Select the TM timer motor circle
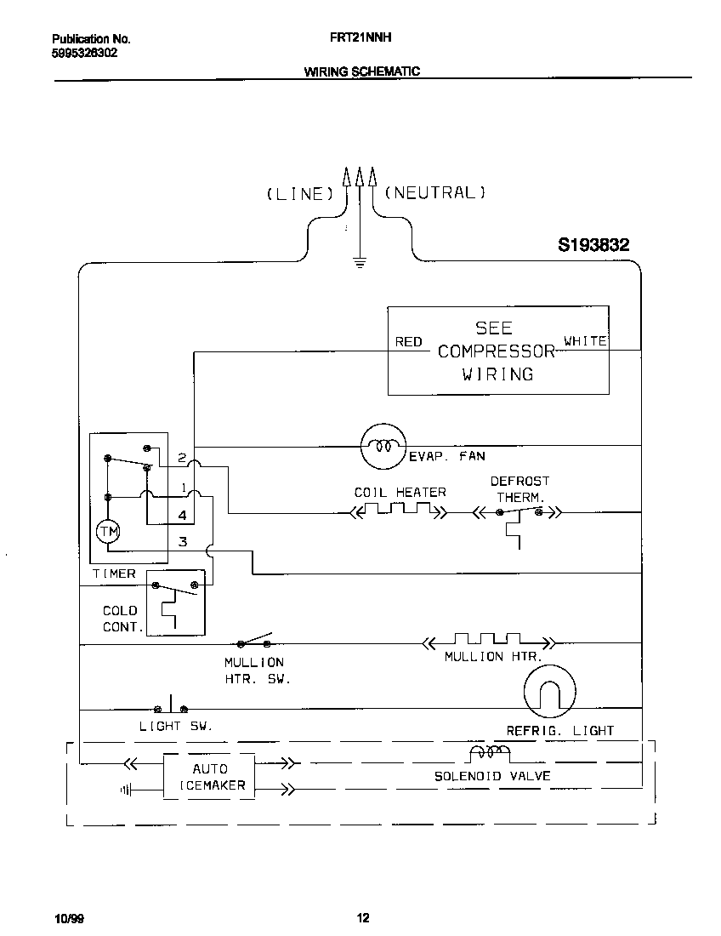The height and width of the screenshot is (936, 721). [107, 532]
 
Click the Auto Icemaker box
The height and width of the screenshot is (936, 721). [209, 776]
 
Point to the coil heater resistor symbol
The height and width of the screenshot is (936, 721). [398, 512]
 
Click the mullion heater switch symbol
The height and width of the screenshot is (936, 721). [256, 640]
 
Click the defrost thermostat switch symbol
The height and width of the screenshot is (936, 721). [519, 514]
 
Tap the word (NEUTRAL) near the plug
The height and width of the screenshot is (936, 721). [435, 192]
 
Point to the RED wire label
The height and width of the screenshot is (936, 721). [409, 342]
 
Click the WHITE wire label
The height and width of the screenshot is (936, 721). [585, 341]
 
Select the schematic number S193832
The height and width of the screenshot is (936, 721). [593, 245]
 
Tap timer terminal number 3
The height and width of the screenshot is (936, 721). [182, 541]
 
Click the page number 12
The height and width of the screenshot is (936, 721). [363, 917]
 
